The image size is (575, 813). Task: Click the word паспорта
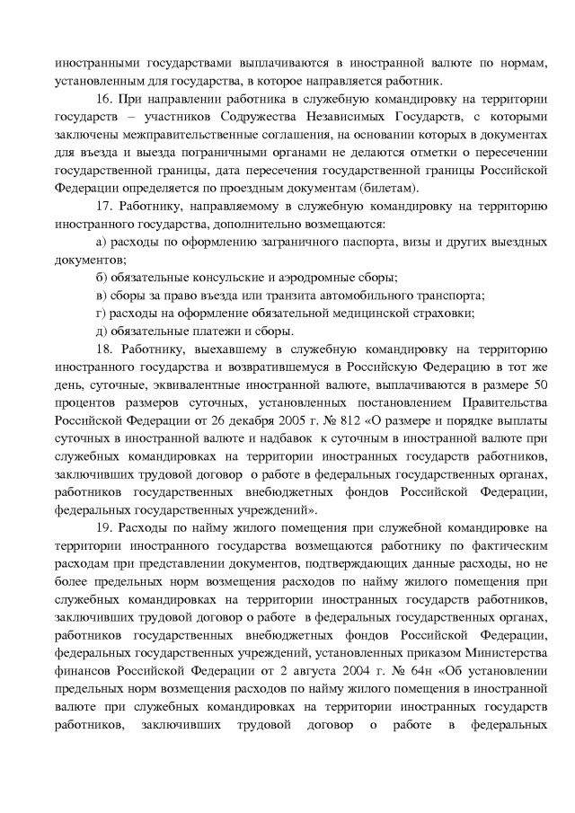[367, 244]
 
